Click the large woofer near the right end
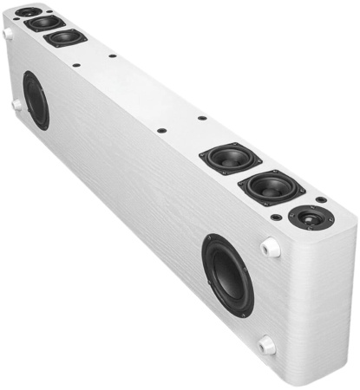click(228, 275)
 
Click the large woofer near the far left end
click(36, 100)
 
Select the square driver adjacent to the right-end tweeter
click(272, 187)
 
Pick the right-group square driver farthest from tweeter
click(229, 159)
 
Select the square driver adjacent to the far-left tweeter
click(43, 23)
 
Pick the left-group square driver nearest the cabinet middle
click(66, 37)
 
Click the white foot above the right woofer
click(270, 246)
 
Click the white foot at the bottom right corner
click(267, 345)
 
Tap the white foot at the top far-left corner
click(8, 33)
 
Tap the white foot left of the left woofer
click(16, 104)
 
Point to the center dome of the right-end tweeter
click(310, 218)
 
